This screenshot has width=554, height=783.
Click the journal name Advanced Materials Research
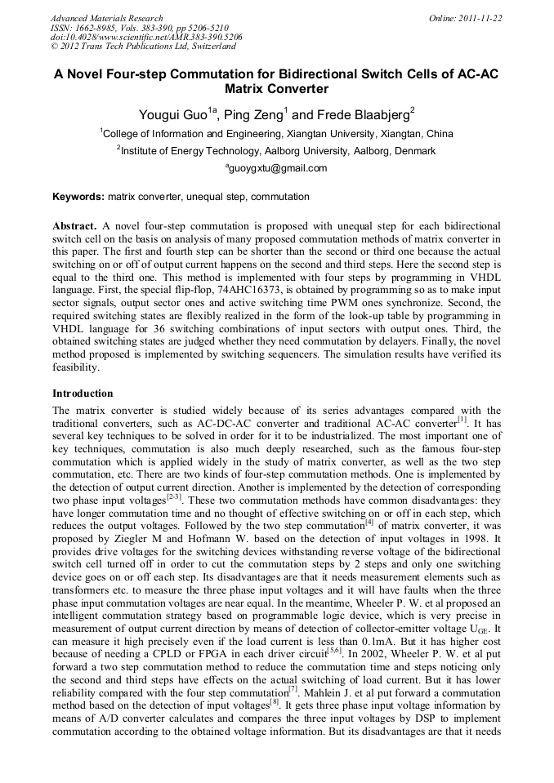click(106, 18)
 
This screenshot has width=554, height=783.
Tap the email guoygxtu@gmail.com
click(277, 168)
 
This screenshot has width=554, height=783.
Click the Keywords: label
click(78, 197)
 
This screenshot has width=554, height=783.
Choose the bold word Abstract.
click(75, 225)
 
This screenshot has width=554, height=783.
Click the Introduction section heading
click(83, 393)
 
